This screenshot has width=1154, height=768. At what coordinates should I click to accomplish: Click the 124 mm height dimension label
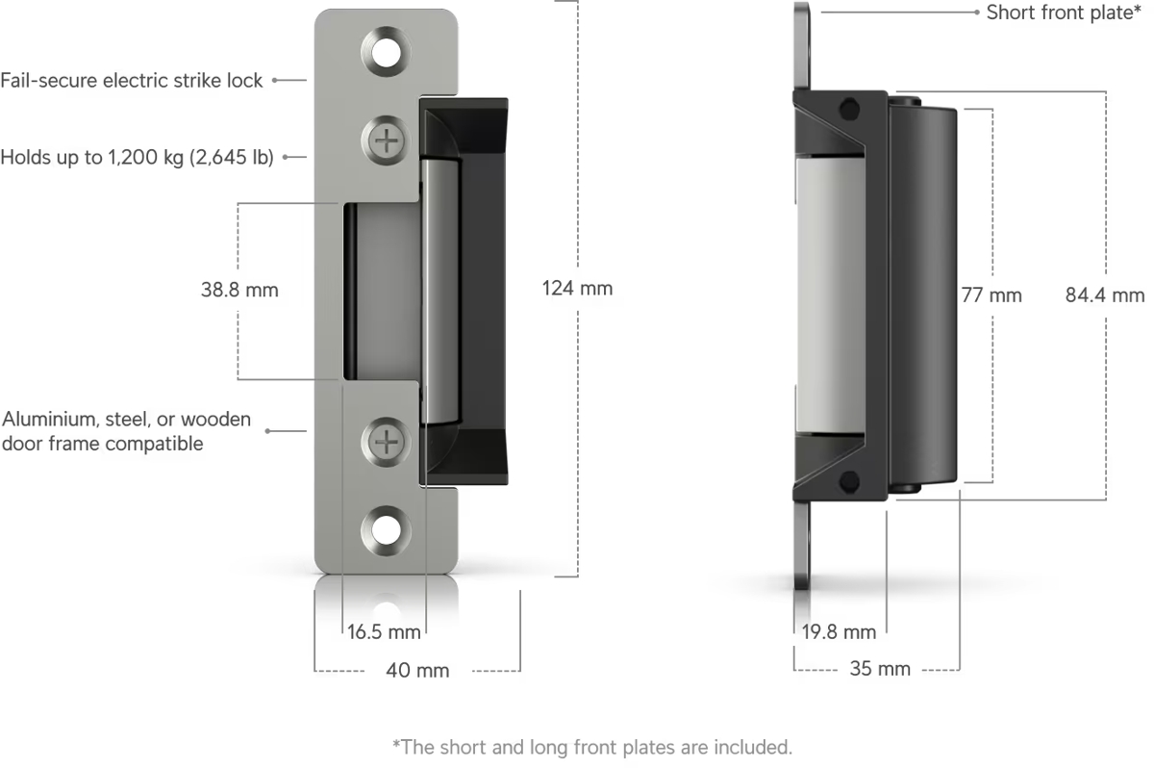pos(577,289)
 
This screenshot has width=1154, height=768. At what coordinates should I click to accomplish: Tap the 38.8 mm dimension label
pos(239,291)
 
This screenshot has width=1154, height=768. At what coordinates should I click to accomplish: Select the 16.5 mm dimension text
pos(384,632)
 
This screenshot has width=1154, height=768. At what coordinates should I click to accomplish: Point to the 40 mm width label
pos(417,671)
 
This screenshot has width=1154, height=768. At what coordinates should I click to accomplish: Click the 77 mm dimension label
pos(991,295)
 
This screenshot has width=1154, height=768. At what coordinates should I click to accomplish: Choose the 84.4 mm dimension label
pos(1105,295)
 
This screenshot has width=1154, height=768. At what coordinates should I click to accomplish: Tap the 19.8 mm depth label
pos(839,632)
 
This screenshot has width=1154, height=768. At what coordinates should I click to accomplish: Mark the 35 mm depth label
pos(880,669)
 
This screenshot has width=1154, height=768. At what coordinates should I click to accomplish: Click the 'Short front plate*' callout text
pos(1064,13)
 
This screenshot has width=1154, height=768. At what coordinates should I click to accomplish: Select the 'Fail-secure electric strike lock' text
pos(132,81)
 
